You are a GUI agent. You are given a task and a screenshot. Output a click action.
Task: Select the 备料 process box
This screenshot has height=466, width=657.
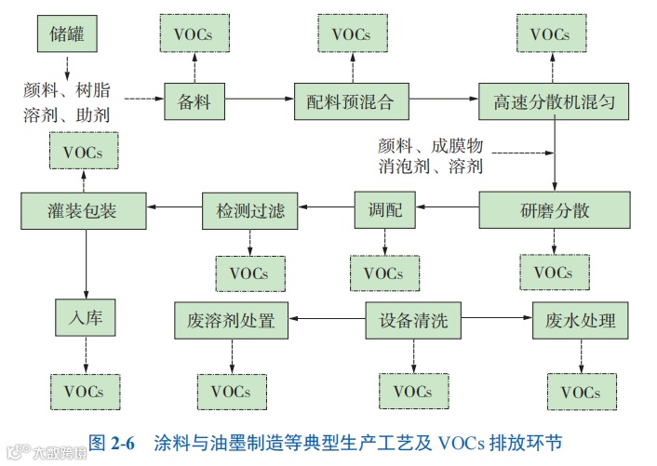pyautogui.click(x=194, y=100)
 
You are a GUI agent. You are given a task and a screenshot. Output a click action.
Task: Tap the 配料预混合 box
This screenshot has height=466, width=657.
pyautogui.click(x=351, y=100)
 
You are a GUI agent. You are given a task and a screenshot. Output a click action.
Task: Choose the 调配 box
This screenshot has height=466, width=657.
pyautogui.click(x=385, y=209)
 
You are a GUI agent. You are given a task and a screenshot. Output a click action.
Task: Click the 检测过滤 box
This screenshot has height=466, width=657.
pyautogui.click(x=250, y=209)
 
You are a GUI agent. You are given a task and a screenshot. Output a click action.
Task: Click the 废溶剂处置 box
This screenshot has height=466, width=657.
pyautogui.click(x=231, y=322)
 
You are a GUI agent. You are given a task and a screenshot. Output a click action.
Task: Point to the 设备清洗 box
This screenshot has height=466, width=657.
pyautogui.click(x=413, y=322)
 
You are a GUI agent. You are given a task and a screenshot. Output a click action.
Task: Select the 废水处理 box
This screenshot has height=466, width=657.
pyautogui.click(x=574, y=322)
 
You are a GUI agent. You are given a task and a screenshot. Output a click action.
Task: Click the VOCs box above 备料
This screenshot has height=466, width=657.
pyautogui.click(x=194, y=34)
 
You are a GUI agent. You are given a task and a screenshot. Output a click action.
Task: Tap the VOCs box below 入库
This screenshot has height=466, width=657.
pyautogui.click(x=84, y=391)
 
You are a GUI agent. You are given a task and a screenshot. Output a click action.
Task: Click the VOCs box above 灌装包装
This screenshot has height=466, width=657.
pyautogui.click(x=83, y=151)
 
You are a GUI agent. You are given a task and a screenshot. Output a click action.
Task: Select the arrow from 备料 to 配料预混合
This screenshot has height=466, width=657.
pyautogui.click(x=260, y=99)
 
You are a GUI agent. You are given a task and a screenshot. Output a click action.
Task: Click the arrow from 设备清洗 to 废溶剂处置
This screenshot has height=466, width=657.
pyautogui.click(x=326, y=322)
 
